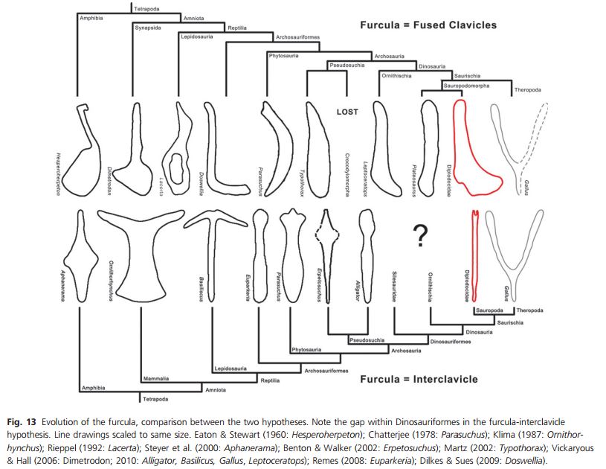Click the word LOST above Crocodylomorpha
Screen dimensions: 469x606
(346, 112)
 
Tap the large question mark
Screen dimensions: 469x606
(421, 236)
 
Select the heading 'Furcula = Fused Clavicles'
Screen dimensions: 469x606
(428, 25)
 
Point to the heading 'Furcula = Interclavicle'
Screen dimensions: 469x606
(419, 379)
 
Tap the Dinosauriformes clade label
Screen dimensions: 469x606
(451, 342)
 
